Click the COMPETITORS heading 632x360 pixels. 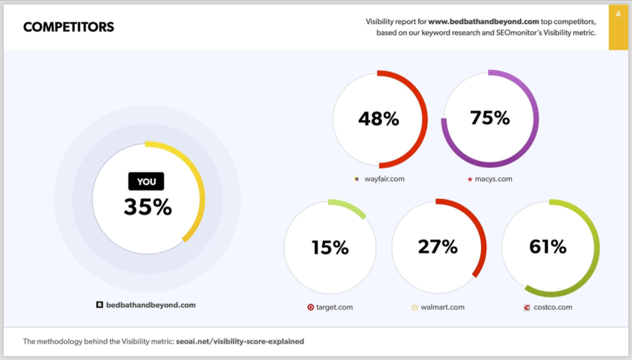point(69,27)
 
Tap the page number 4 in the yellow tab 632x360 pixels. point(618,14)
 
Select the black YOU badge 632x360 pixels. point(146,182)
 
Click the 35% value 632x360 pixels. point(148,207)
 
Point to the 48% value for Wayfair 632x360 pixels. point(379,119)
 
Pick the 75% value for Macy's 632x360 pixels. point(490,117)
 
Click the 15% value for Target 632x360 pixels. point(330,247)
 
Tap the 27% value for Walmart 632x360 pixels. point(438,246)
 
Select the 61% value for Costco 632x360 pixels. point(547,246)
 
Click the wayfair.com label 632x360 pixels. point(384,179)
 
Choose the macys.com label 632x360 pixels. point(494,179)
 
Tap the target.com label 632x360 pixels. point(335,307)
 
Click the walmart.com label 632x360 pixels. point(443,307)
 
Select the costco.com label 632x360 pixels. point(552,307)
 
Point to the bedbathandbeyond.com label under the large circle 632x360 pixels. point(151,304)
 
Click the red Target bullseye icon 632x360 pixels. point(310,307)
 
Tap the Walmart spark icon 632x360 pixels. point(414,307)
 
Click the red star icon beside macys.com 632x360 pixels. point(470,179)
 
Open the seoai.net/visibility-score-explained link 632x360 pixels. point(239,341)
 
